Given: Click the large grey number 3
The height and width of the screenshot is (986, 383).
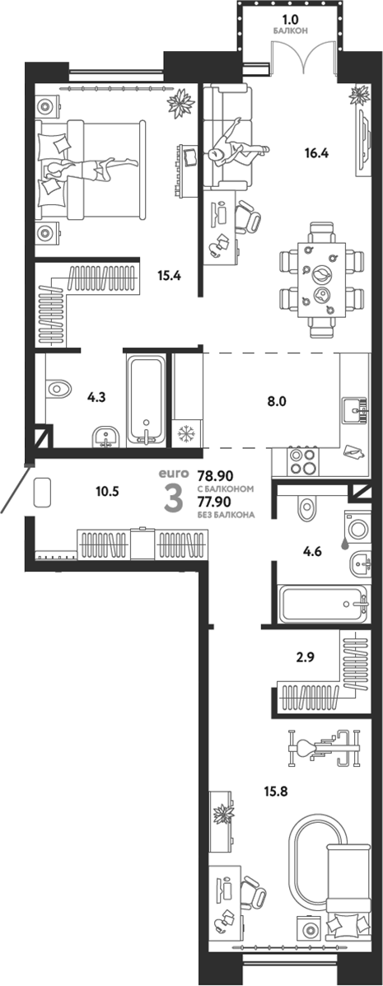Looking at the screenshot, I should [173, 499].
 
